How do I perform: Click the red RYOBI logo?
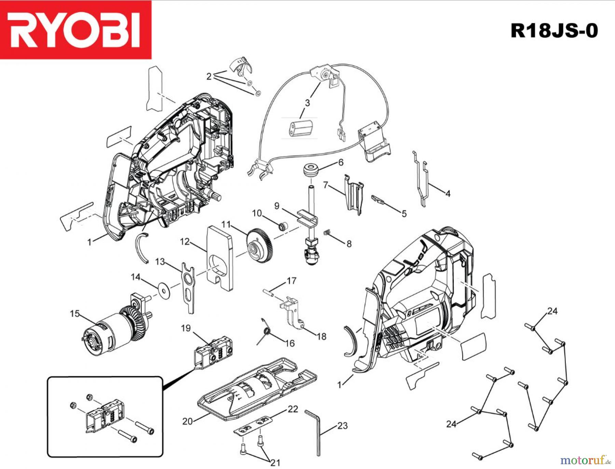coord(76,30)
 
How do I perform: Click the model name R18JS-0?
coord(554,31)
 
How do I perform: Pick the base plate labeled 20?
coord(256,389)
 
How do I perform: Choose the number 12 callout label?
coord(184,242)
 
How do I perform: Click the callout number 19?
coord(186,328)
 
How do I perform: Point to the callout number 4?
coord(448,194)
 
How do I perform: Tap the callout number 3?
coord(307,103)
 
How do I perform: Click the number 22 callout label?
coord(293,409)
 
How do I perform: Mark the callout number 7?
coord(325,185)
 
